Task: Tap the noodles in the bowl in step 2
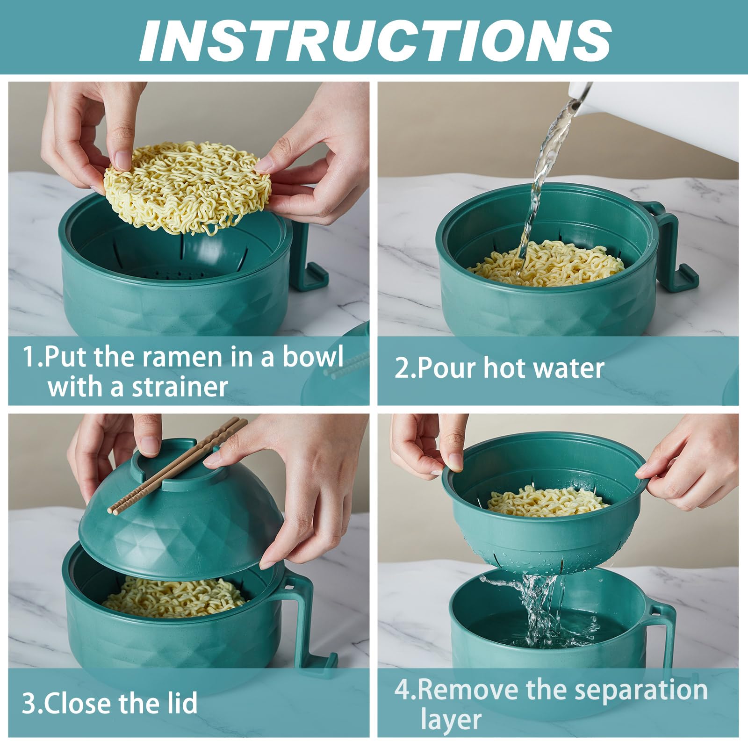point(547,264)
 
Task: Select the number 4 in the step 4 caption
point(403,690)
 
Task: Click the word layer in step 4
point(451,720)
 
